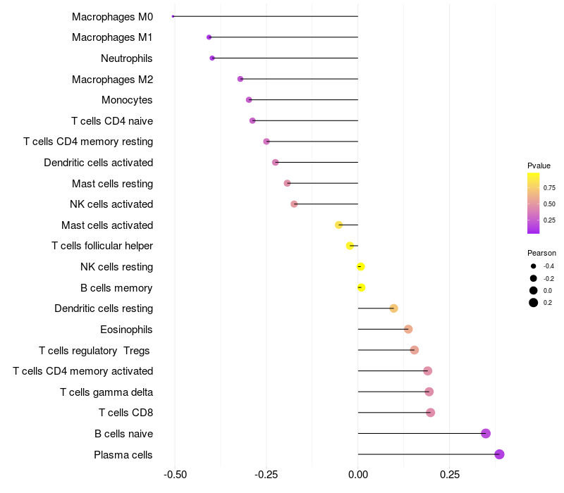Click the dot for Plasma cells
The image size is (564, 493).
pyautogui.click(x=499, y=454)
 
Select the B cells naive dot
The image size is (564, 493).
pyautogui.click(x=485, y=433)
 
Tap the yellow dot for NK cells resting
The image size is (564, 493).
pyautogui.click(x=360, y=266)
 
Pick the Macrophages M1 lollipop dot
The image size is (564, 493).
pyautogui.click(x=209, y=37)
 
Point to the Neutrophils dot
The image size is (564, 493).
pyautogui.click(x=212, y=58)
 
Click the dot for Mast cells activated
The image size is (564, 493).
pyautogui.click(x=338, y=225)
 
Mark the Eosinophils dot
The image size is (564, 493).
pyautogui.click(x=407, y=329)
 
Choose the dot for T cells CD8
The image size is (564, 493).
pyautogui.click(x=430, y=413)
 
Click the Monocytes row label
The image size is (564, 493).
pyautogui.click(x=127, y=100)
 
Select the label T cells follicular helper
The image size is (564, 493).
pyautogui.click(x=102, y=246)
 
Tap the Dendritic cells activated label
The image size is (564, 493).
pyautogui.click(x=98, y=163)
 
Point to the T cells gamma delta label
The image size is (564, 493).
pyautogui.click(x=106, y=392)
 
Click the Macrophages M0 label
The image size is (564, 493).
pyautogui.click(x=112, y=16)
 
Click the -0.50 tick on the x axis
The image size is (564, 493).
pyautogui.click(x=175, y=474)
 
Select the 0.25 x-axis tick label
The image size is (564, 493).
pyautogui.click(x=449, y=474)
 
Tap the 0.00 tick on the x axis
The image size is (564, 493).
pyautogui.click(x=357, y=474)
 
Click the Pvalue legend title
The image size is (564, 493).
pyautogui.click(x=539, y=166)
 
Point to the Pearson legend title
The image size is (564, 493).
pyautogui.click(x=541, y=253)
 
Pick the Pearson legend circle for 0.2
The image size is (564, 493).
pyautogui.click(x=534, y=303)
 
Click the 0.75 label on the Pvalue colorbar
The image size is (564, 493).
pyautogui.click(x=548, y=188)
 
